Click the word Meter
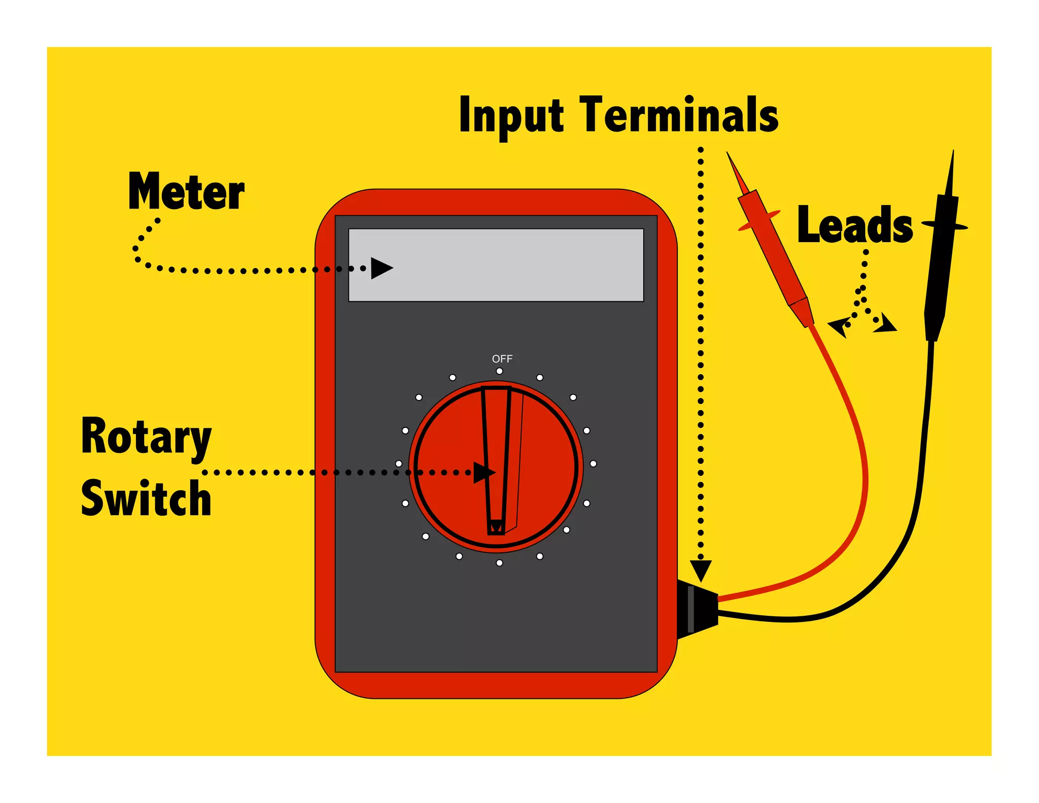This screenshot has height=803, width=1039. [186, 191]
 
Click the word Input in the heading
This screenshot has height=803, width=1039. [511, 116]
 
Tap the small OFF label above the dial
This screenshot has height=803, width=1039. [502, 359]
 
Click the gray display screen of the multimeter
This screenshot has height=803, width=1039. [496, 265]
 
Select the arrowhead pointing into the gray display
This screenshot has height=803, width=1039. [381, 268]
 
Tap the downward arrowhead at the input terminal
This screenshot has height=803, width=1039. [701, 570]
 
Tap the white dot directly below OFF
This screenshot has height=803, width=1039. [499, 371]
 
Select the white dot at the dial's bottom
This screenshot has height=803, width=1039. [499, 563]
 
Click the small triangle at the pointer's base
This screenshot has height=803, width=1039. [496, 527]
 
